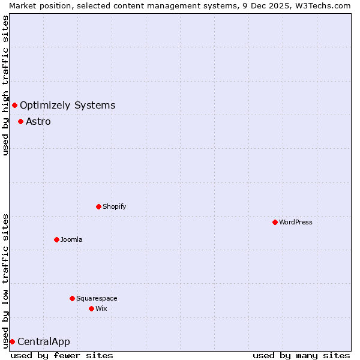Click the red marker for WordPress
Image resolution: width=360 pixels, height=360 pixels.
275,222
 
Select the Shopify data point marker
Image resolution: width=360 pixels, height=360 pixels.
98,206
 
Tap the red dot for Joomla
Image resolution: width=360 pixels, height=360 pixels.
56,239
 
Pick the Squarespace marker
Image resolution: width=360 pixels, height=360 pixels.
72,298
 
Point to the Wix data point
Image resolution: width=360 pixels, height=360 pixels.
91,308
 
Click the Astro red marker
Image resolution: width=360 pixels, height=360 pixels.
20,121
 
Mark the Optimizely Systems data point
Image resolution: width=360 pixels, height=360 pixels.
14,106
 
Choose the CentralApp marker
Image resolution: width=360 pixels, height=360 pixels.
12,341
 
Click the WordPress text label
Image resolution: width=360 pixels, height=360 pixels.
296,222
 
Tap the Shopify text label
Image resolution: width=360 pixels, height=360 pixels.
115,206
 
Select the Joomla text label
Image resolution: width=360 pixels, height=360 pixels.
71,239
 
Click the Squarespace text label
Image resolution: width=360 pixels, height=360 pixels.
97,298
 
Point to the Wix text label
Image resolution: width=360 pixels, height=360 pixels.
101,308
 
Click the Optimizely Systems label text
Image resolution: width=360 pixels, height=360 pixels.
67,106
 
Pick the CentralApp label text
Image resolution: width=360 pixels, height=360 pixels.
44,342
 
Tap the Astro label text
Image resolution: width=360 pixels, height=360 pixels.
38,122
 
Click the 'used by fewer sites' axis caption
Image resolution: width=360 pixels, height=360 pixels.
62,355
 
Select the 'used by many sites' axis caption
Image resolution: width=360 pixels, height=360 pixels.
301,355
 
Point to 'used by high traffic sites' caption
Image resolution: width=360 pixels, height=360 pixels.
5,85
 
